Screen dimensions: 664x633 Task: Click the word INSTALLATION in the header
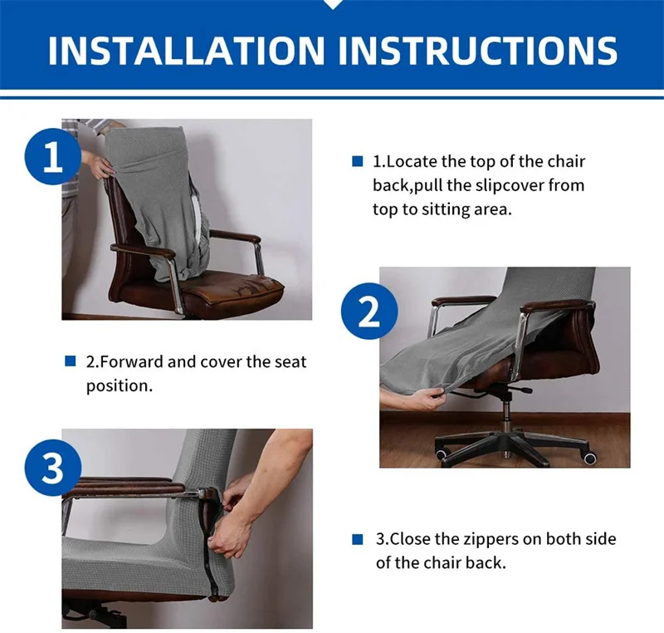pyautogui.click(x=186, y=51)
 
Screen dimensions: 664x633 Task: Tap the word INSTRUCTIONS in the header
pyautogui.click(x=478, y=51)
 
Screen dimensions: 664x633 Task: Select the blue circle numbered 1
pyautogui.click(x=53, y=156)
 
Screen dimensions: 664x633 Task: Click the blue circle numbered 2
pyautogui.click(x=369, y=311)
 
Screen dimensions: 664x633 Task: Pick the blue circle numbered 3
pyautogui.click(x=53, y=469)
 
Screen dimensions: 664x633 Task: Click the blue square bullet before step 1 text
pyautogui.click(x=358, y=161)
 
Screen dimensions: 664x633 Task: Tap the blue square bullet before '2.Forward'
pyautogui.click(x=70, y=361)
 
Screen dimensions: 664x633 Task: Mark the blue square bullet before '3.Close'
pyautogui.click(x=358, y=539)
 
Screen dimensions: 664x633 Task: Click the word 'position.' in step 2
pyautogui.click(x=120, y=386)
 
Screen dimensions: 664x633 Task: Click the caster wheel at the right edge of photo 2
pyautogui.click(x=590, y=457)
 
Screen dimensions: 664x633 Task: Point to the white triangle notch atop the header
pyautogui.click(x=333, y=4)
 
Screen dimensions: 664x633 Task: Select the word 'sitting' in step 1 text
pyautogui.click(x=446, y=210)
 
